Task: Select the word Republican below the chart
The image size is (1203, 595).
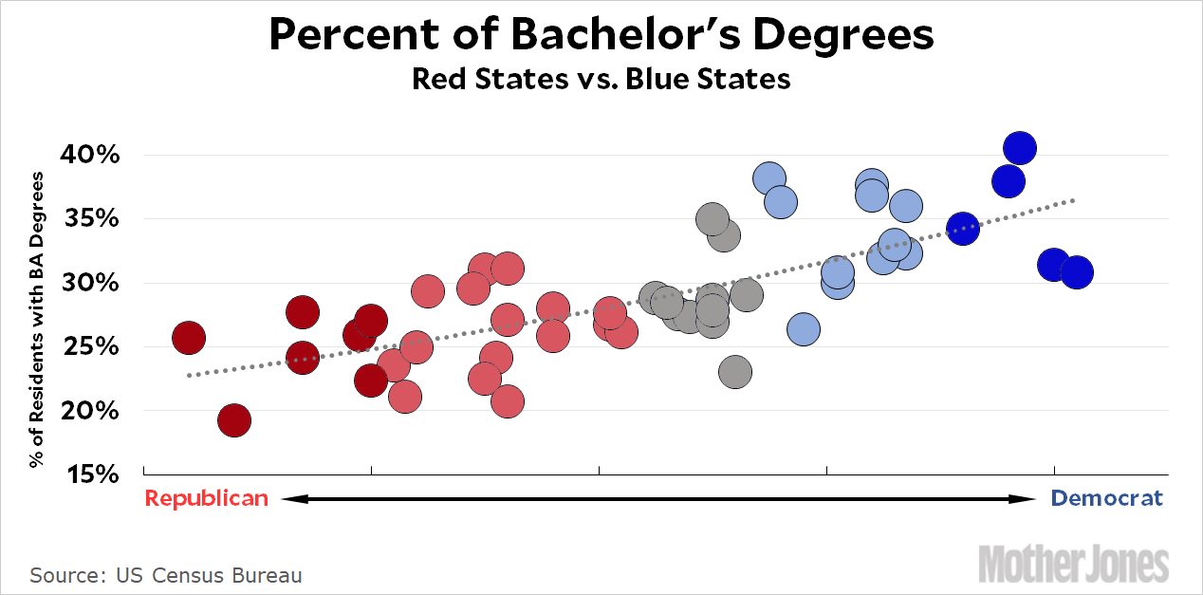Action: coord(206,498)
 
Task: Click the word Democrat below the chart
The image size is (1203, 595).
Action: coord(1107,498)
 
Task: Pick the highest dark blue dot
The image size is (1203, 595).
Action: coord(1019,148)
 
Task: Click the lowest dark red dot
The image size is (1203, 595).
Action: coord(233,419)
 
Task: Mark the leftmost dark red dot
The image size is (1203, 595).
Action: coord(188,337)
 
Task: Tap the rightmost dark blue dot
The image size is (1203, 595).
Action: coord(1076,272)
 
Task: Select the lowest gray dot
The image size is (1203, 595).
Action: coord(734,372)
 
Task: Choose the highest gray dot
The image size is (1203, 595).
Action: coord(713,220)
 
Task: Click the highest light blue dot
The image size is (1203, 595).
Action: coord(769,177)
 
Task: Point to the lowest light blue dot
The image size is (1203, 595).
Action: coord(803,329)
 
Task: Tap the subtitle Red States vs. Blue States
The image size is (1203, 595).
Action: coord(601,79)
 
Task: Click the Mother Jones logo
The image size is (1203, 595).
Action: coord(1073,563)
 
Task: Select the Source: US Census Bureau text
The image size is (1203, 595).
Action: coord(166,575)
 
